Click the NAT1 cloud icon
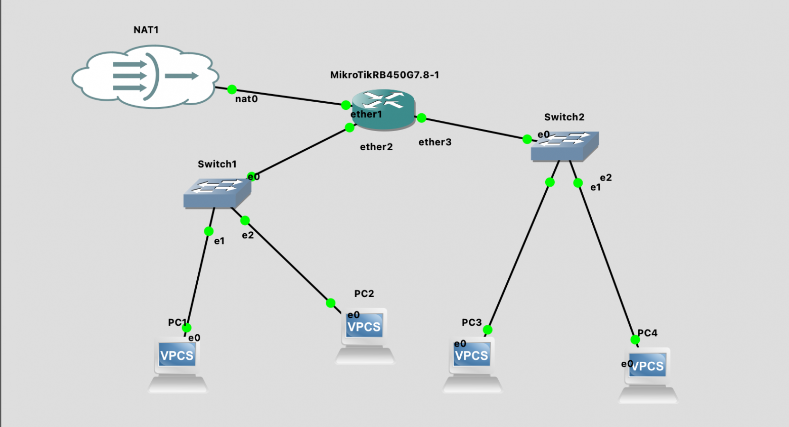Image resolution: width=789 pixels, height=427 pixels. point(145,77)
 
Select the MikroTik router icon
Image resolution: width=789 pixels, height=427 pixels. point(383,108)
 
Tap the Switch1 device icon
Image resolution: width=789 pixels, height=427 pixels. point(217,193)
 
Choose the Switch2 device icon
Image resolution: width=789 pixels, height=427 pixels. point(564,146)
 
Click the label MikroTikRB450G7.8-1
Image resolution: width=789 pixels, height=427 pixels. point(384,75)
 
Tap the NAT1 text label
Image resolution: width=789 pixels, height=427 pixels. point(146,30)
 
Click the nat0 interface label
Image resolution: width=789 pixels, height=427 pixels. point(246,99)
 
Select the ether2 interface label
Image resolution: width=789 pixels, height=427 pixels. point(376,147)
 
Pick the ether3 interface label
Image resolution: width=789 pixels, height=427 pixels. point(435,142)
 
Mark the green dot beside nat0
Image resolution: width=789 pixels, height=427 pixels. point(232,90)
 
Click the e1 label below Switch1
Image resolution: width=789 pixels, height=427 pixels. point(219,241)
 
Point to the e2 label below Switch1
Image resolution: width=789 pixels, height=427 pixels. point(248,235)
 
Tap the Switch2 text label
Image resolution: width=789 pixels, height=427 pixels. point(564,117)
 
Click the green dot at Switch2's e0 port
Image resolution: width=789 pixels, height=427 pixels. point(527,139)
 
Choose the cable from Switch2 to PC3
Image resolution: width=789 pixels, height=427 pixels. point(518,256)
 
